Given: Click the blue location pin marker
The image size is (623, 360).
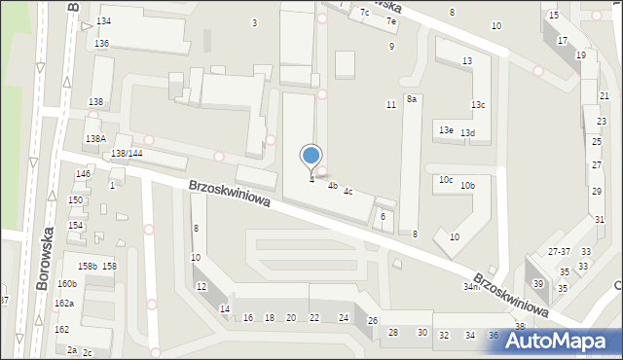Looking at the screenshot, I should click(311, 156).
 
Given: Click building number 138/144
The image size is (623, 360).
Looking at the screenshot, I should click(128, 154).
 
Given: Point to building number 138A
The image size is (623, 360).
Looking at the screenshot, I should click(95, 139).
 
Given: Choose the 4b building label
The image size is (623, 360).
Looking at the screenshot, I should click(332, 186).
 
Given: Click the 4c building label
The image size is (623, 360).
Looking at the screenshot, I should click(348, 192).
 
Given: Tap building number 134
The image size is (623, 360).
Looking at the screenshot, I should click(103, 21).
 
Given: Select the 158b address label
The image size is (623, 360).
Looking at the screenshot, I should click(88, 267).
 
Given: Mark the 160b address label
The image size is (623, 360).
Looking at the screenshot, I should click(66, 284).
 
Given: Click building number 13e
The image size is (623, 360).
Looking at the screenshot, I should click(446, 130).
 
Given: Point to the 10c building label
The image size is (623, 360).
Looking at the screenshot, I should click(446, 180).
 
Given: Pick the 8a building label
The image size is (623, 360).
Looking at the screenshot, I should click(412, 99).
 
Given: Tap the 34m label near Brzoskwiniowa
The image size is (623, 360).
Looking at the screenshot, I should click(471, 287).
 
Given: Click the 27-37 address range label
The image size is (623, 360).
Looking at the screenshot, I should click(559, 252).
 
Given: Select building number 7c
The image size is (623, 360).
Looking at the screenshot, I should click(364, 13).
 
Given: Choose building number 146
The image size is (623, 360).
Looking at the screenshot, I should click(84, 174).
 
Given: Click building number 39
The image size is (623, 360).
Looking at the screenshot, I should click(538, 284).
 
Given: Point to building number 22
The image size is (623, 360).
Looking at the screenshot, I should click(313, 318).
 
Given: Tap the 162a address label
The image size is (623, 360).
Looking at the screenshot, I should click(64, 304).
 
